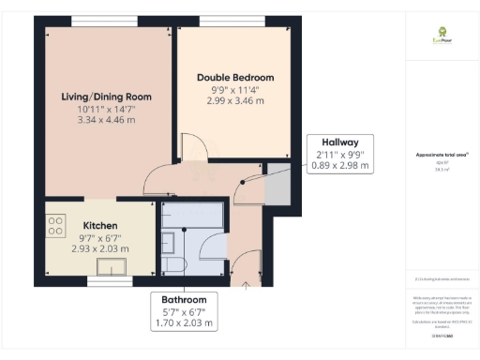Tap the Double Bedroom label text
coord(234,77)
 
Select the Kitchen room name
coord(99,226)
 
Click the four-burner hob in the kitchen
coord(55,226)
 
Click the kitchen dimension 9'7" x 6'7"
coord(99,238)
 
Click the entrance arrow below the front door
coord(246,285)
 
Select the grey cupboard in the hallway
coord(277,186)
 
